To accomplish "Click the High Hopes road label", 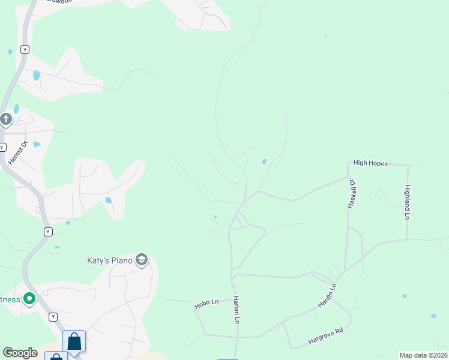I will (x=370, y=163).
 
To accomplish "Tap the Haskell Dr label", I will (x=352, y=193).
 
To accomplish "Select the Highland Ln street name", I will (x=408, y=202).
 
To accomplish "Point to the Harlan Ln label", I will (x=237, y=310).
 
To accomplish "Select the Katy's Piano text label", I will (x=108, y=260).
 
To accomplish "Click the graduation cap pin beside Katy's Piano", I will (x=142, y=260).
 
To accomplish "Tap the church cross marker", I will (x=6, y=119).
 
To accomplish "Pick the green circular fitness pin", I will (x=28, y=299).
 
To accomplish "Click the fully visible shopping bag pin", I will (x=74, y=341).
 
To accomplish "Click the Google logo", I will (x=20, y=353).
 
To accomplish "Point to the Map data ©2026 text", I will (x=423, y=355).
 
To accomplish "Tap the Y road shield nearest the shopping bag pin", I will (x=53, y=316).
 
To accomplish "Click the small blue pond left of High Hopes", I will (x=264, y=161).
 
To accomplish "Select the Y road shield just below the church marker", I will (x=2, y=147).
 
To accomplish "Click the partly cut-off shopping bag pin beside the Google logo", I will (x=56, y=356).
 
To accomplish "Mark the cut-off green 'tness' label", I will (x=10, y=299).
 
